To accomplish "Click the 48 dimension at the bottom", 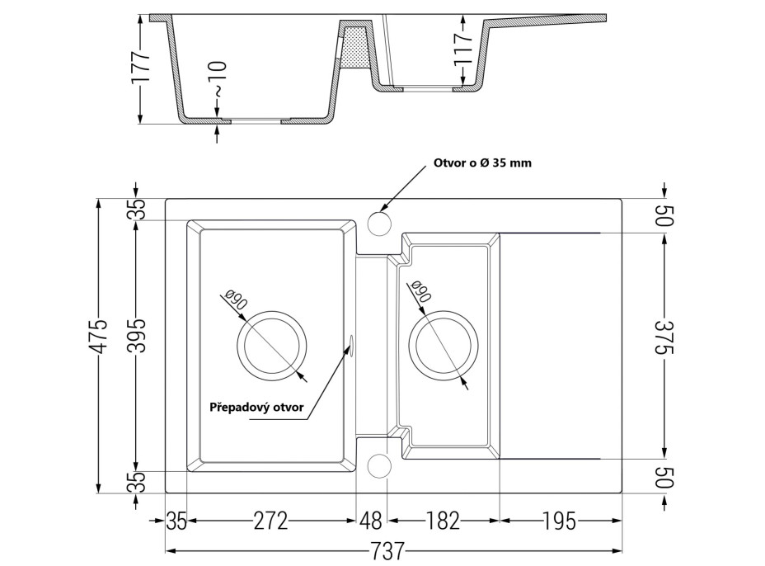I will coord(372,521).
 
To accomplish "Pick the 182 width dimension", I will coord(443,521).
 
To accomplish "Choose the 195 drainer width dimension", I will coord(560,521).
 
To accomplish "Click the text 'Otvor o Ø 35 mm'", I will coord(482,163).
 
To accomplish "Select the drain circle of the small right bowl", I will coord(444,346).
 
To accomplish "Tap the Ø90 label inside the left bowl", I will coord(237,302).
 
